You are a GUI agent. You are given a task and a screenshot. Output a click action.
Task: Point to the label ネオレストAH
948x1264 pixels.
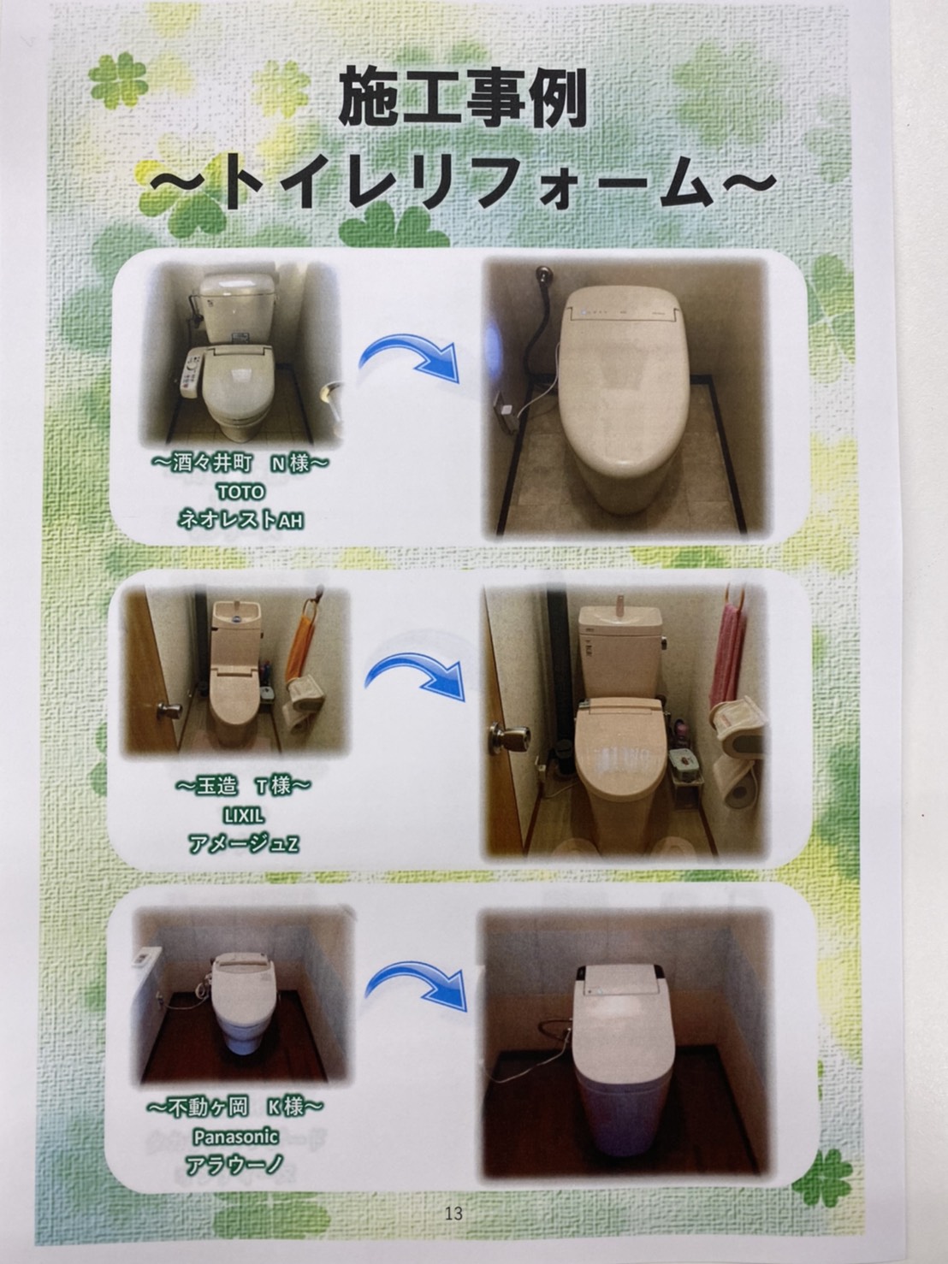click(x=240, y=520)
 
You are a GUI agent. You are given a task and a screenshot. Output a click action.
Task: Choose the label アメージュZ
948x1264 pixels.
click(x=244, y=844)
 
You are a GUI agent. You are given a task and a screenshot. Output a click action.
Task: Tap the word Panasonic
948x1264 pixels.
click(x=235, y=1137)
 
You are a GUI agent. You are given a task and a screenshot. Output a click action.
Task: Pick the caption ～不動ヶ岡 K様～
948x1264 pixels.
click(x=235, y=1107)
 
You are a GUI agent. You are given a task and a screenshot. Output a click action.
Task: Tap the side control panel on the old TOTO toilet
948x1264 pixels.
click(x=191, y=374)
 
